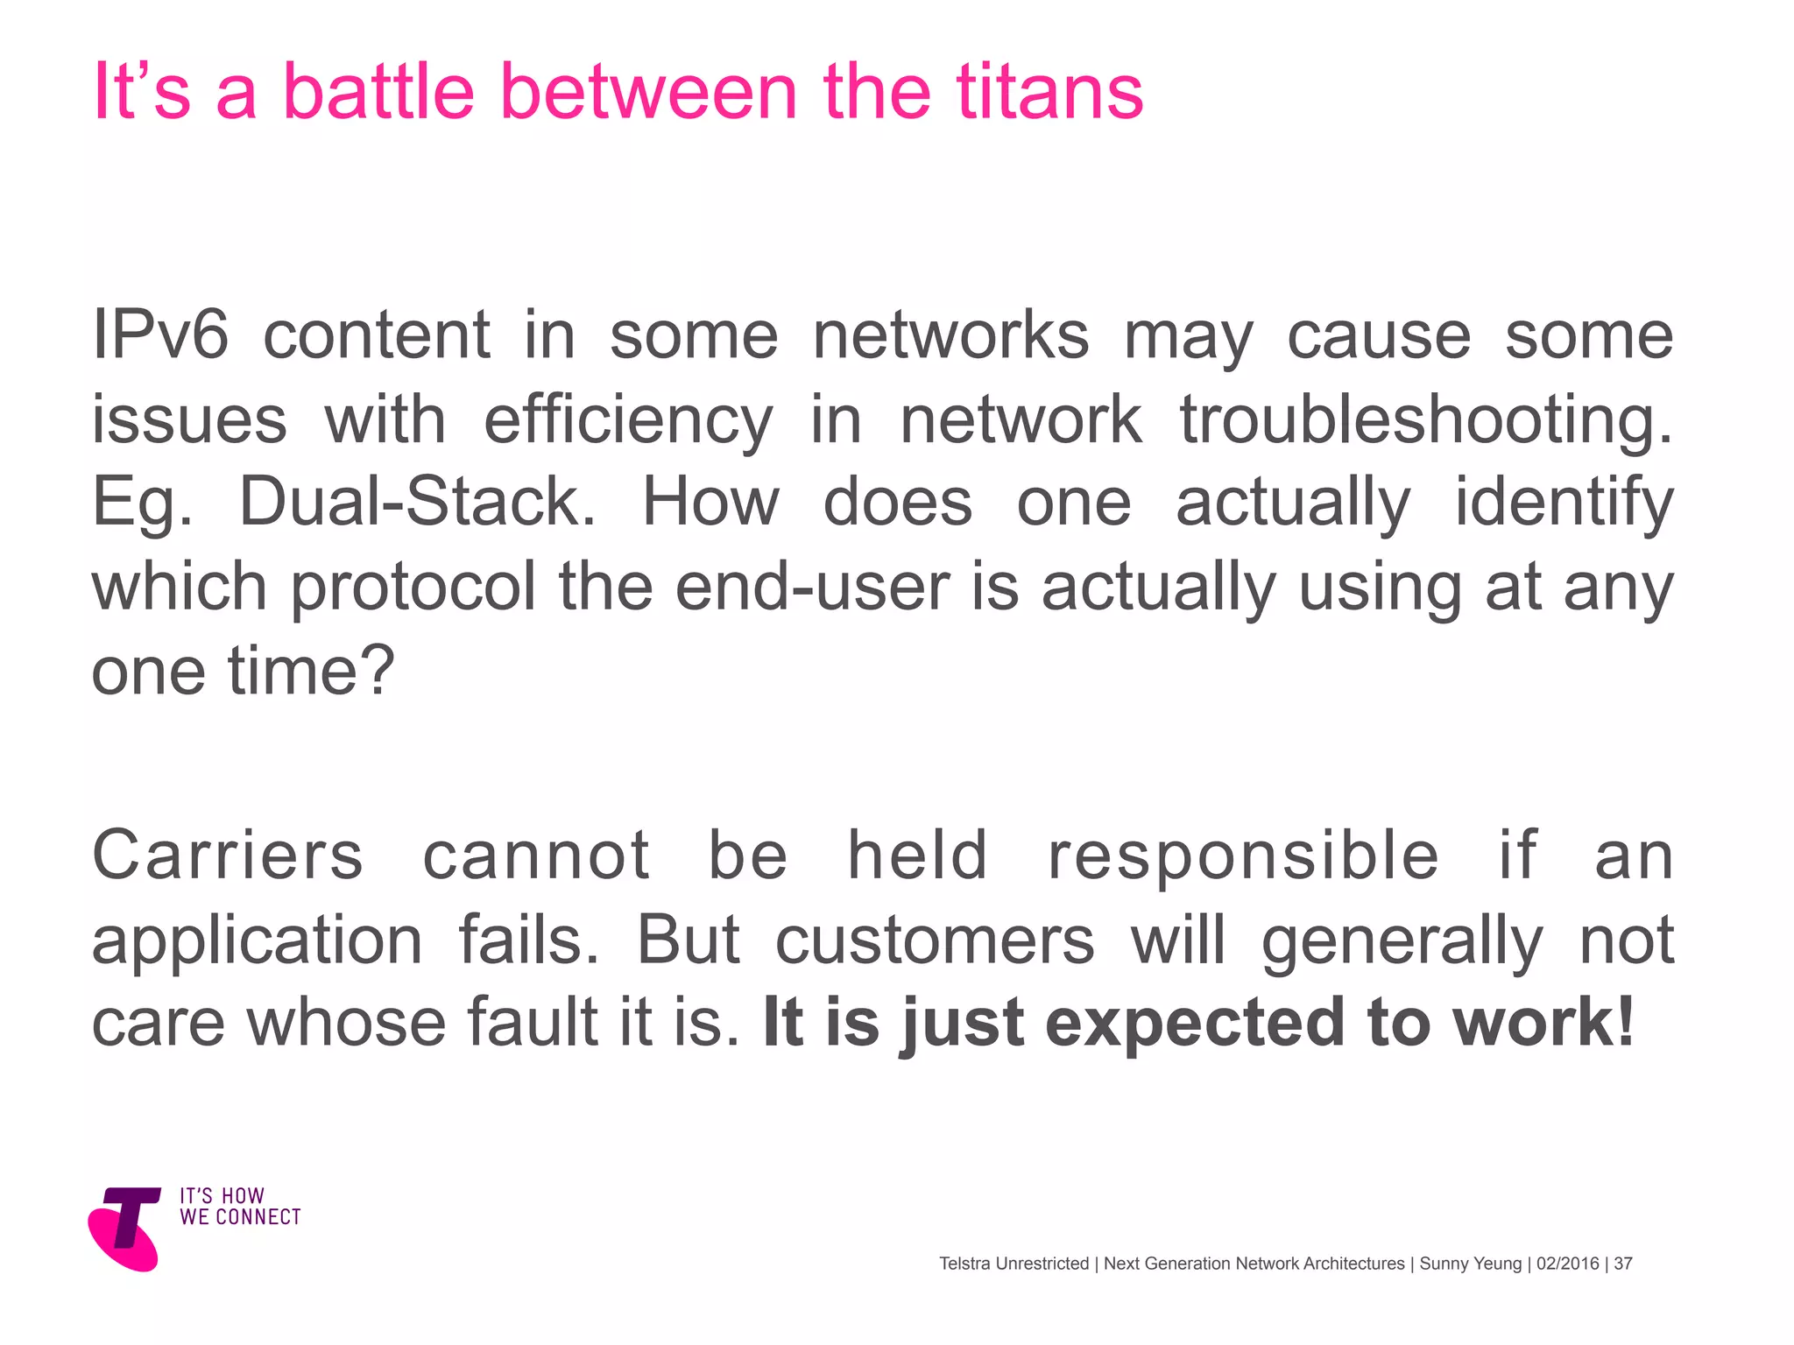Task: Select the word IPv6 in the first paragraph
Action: pyautogui.click(x=160, y=334)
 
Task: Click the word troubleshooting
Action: pyautogui.click(x=1425, y=419)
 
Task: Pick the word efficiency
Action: pyautogui.click(x=628, y=420)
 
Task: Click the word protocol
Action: pyautogui.click(x=413, y=588)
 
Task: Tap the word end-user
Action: pyautogui.click(x=812, y=587)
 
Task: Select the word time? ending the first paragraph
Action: pyautogui.click(x=311, y=671)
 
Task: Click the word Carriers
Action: pyautogui.click(x=228, y=856)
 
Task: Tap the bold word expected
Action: pyautogui.click(x=1195, y=1024)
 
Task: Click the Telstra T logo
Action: pyautogui.click(x=126, y=1227)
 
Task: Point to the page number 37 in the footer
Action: pyautogui.click(x=1623, y=1264)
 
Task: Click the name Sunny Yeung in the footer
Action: pyautogui.click(x=1471, y=1264)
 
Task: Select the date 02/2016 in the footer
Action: pyautogui.click(x=1568, y=1264)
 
